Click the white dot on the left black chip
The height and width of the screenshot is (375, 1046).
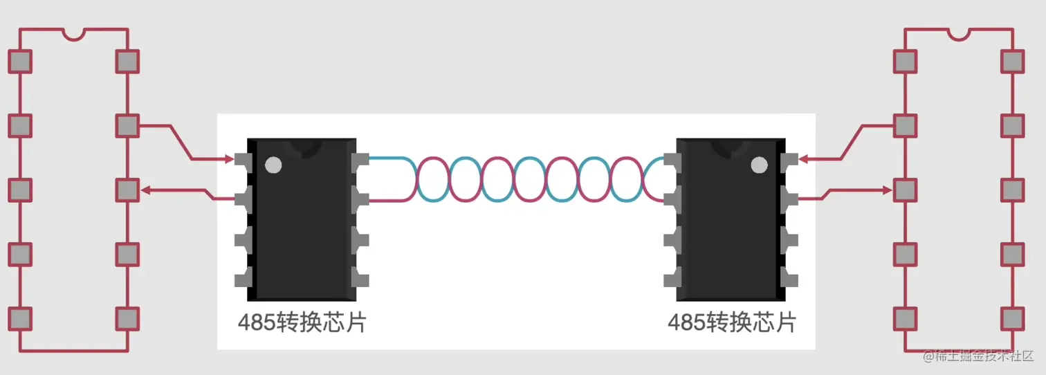click(x=273, y=165)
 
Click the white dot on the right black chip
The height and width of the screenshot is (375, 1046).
click(x=759, y=165)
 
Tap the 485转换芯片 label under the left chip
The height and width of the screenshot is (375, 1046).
click(x=302, y=322)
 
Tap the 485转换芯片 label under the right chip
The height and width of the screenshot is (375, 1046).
click(x=732, y=322)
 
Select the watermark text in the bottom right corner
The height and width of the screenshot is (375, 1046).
click(x=978, y=356)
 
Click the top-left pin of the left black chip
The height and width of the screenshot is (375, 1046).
click(x=244, y=161)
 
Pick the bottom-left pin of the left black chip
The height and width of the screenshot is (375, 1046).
click(x=244, y=280)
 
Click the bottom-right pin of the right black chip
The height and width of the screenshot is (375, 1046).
click(x=789, y=280)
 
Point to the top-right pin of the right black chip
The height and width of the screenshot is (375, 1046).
click(x=789, y=161)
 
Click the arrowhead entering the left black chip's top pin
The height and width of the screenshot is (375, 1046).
click(x=229, y=159)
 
